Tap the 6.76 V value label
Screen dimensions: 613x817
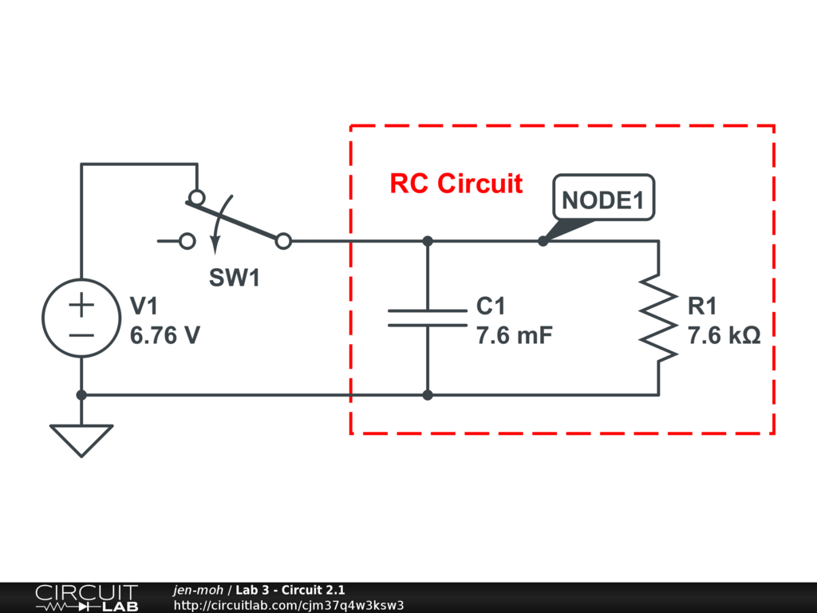pyautogui.click(x=164, y=335)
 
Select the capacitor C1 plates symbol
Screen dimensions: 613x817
pyautogui.click(x=428, y=318)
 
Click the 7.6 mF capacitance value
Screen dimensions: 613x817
pyautogui.click(x=514, y=335)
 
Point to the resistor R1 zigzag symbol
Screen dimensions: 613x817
pyautogui.click(x=658, y=318)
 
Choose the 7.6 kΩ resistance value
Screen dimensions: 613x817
pyautogui.click(x=724, y=335)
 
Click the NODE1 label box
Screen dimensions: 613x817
pyautogui.click(x=603, y=200)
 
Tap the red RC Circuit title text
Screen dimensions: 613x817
pyautogui.click(x=456, y=184)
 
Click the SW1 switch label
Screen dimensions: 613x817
pyautogui.click(x=234, y=278)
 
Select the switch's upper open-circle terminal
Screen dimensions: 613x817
pyautogui.click(x=195, y=197)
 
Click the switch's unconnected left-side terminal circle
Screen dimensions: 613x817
pyautogui.click(x=187, y=240)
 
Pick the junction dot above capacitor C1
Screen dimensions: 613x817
pyautogui.click(x=428, y=240)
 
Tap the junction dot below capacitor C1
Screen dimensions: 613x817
pyautogui.click(x=428, y=394)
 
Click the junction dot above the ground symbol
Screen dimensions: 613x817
pyautogui.click(x=81, y=394)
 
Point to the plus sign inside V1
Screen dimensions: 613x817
pyautogui.click(x=81, y=305)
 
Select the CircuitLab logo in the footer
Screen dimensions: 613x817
pyautogui.click(x=85, y=598)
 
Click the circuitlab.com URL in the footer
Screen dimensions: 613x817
pyautogui.click(x=289, y=604)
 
